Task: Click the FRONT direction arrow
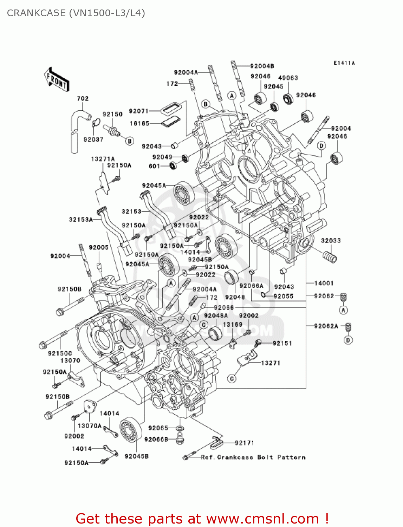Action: pyautogui.click(x=56, y=80)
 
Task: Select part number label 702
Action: pyautogui.click(x=83, y=99)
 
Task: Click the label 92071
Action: pyautogui.click(x=138, y=111)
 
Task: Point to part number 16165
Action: pyautogui.click(x=139, y=124)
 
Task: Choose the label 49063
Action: pyautogui.click(x=288, y=78)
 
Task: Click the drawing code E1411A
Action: pyautogui.click(x=344, y=63)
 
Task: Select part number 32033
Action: pyautogui.click(x=331, y=241)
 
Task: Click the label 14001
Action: pyautogui.click(x=324, y=283)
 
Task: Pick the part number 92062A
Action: pyautogui.click(x=326, y=326)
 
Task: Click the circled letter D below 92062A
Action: pyautogui.click(x=348, y=340)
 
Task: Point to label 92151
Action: pyautogui.click(x=282, y=343)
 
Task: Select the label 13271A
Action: pyautogui.click(x=103, y=159)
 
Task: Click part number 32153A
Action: pyautogui.click(x=81, y=220)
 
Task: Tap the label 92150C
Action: pyautogui.click(x=60, y=353)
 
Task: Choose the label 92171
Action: pyautogui.click(x=244, y=443)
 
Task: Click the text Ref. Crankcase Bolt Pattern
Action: pyautogui.click(x=253, y=457)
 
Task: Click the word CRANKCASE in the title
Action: pyautogui.click(x=36, y=13)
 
